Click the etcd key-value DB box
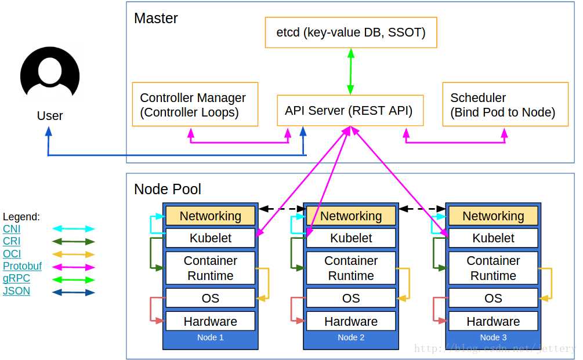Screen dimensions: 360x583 pyautogui.click(x=350, y=32)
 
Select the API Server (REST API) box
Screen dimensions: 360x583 pyautogui.click(x=350, y=110)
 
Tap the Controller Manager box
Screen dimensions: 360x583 pyautogui.click(x=195, y=104)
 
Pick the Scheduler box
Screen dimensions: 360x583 pyautogui.click(x=505, y=104)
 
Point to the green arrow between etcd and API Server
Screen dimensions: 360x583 pyautogui.click(x=350, y=71)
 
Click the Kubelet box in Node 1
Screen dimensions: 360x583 pyautogui.click(x=210, y=238)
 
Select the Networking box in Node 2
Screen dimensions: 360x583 pyautogui.click(x=351, y=216)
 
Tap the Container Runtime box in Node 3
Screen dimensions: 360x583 pyautogui.click(x=493, y=268)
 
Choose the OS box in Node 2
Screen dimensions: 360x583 pyautogui.click(x=351, y=298)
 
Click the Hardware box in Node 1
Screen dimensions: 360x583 pyautogui.click(x=210, y=321)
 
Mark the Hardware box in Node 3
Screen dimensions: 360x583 pyautogui.click(x=493, y=321)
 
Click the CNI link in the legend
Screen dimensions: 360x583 pyautogui.click(x=12, y=229)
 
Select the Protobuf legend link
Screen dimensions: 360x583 pyautogui.click(x=22, y=266)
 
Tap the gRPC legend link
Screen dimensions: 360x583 pyautogui.click(x=16, y=278)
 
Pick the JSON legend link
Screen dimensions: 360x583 pyautogui.click(x=16, y=291)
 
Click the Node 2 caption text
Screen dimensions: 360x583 pyautogui.click(x=351, y=337)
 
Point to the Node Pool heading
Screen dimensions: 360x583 pyautogui.click(x=168, y=189)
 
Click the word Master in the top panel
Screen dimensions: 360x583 pyautogui.click(x=155, y=18)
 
